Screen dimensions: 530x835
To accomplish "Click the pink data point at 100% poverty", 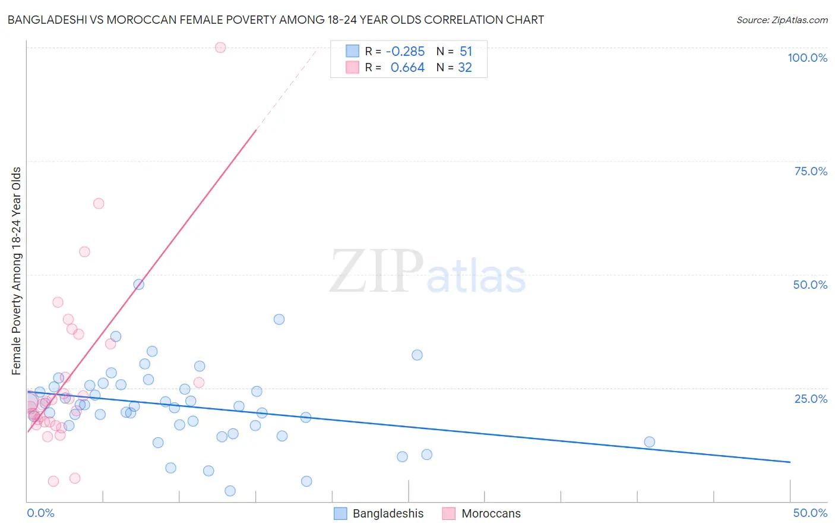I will pyautogui.click(x=220, y=48).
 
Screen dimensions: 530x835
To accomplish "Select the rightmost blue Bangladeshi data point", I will pyautogui.click(x=649, y=442).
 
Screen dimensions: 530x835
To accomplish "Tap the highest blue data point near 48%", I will pyautogui.click(x=138, y=285).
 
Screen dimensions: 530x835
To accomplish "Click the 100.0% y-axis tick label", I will pyautogui.click(x=807, y=58).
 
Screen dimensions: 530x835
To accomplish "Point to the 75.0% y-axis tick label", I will pyautogui.click(x=811, y=171).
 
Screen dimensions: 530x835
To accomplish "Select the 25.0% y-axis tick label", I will pyautogui.click(x=811, y=399).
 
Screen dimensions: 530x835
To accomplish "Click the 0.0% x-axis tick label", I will pyautogui.click(x=40, y=513).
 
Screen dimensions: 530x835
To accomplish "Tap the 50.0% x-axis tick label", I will pyautogui.click(x=810, y=513).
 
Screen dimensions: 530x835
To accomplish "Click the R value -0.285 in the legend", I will pyautogui.click(x=405, y=52).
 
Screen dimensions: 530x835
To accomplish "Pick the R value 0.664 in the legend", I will pyautogui.click(x=407, y=68).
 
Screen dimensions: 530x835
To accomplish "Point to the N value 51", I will pyautogui.click(x=466, y=52).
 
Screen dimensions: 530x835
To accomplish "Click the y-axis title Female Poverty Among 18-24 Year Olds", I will pyautogui.click(x=17, y=271).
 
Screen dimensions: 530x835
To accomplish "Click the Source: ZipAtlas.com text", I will pyautogui.click(x=782, y=20).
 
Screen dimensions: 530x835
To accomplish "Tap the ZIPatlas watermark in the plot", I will pyautogui.click(x=428, y=272).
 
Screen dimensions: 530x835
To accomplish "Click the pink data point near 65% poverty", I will pyautogui.click(x=99, y=204).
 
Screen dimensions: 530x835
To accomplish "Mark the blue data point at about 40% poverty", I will pyautogui.click(x=279, y=320).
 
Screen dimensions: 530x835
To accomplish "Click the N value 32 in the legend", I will pyautogui.click(x=465, y=68).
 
